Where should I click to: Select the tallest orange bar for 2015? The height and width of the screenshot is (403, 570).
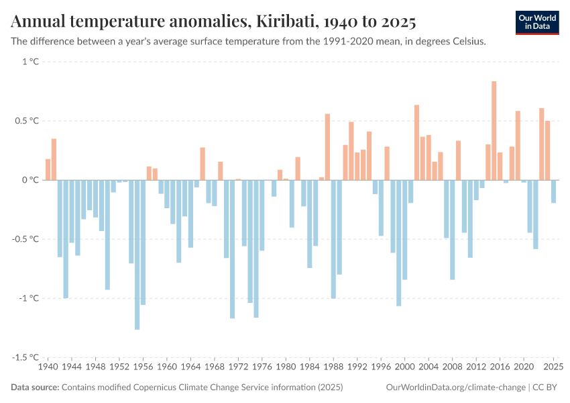[494, 130]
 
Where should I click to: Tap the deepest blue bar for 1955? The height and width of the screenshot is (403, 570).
[137, 255]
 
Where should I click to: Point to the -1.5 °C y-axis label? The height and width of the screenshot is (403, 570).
[25, 357]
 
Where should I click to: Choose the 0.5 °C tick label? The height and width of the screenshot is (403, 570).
[27, 121]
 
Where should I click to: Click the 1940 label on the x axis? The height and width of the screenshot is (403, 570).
[48, 367]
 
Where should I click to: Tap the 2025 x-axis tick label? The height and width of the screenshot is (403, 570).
[553, 367]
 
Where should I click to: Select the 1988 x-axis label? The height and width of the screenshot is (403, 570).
[333, 367]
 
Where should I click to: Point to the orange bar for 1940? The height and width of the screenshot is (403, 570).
[48, 169]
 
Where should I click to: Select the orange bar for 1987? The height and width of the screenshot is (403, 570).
[327, 146]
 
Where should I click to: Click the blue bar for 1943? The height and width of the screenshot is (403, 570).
[66, 238]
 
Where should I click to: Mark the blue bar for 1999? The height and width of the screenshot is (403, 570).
[399, 242]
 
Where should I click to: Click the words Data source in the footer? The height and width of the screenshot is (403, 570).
[34, 388]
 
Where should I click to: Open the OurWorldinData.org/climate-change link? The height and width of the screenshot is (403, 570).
[455, 388]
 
